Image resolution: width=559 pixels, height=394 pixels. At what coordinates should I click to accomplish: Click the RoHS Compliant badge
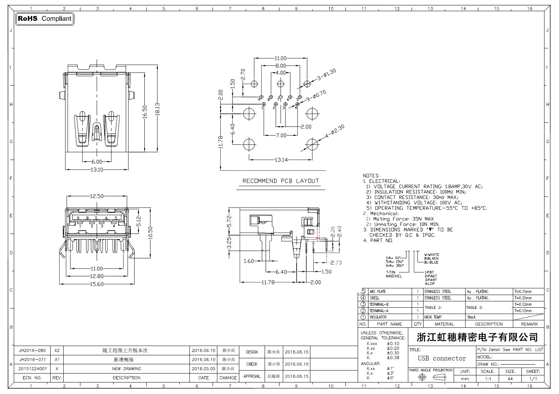pos(45,19)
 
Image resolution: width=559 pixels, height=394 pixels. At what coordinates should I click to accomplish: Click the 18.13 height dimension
pos(157,110)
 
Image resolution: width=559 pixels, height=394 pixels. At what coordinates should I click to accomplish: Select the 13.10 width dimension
pos(97,170)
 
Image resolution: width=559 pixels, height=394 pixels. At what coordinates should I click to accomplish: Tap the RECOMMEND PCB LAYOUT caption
pos(281,181)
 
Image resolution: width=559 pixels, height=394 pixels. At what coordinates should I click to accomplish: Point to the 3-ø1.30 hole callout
pos(326,74)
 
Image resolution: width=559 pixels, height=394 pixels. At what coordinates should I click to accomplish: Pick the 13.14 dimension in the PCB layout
pos(281,160)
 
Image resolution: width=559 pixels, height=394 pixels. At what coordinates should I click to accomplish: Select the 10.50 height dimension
pos(150,233)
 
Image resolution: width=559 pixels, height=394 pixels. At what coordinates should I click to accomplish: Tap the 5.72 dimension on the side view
pos(229,221)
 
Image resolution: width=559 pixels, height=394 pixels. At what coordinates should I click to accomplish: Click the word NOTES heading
pos(371,176)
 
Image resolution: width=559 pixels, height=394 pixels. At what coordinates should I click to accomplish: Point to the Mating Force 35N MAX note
pos(403,219)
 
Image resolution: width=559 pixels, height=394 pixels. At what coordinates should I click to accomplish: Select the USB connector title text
pos(442,358)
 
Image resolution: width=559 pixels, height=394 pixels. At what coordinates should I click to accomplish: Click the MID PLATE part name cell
pos(378,292)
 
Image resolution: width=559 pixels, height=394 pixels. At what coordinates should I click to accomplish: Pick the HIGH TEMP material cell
pos(433,317)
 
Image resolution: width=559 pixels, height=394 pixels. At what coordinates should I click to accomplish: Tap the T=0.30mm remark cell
pos(523,298)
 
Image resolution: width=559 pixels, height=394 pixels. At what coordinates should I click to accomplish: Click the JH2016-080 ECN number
pos(32,350)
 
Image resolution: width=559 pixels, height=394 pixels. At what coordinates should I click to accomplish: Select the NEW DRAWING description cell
pos(127,369)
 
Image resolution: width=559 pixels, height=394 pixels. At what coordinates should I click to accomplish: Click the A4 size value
pos(510,379)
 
